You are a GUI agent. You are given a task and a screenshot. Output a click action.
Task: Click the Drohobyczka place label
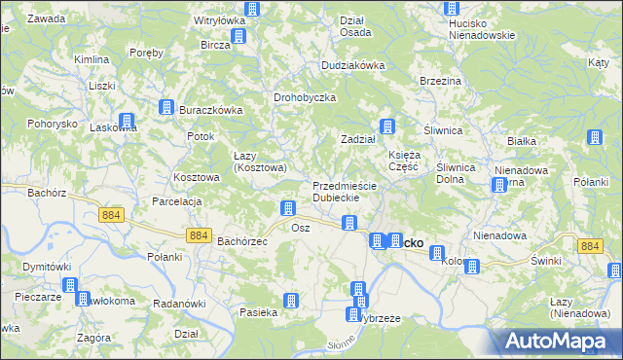pos(305,98)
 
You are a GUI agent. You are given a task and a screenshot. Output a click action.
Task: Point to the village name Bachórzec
pos(241,240)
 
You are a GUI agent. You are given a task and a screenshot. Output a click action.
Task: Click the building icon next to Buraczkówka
pos(166,108)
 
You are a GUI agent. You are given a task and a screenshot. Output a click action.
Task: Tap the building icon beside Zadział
pos(387,126)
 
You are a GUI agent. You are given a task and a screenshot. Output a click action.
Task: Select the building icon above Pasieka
pos(290,301)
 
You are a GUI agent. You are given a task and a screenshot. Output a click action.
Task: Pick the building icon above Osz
pos(288,207)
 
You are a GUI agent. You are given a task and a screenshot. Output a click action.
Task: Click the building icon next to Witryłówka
pos(253,9)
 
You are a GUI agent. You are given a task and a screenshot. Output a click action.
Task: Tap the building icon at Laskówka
pos(127,122)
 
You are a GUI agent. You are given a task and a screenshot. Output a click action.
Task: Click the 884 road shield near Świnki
pos(589,247)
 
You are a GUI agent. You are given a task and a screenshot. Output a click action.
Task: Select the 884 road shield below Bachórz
pos(111,214)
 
